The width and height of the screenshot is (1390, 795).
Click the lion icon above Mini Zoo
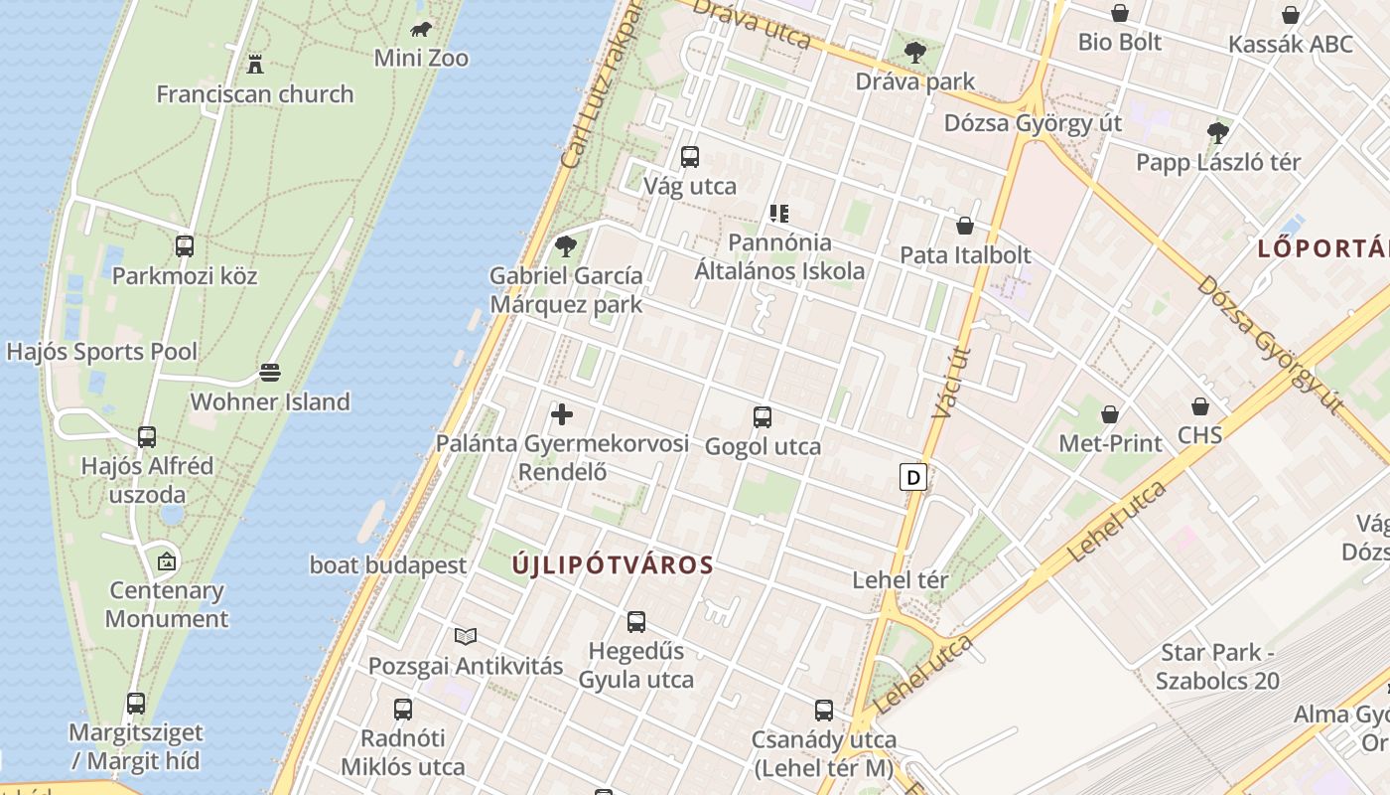421,29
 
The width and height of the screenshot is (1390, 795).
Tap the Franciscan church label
255,94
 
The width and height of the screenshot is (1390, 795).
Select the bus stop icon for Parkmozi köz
185,246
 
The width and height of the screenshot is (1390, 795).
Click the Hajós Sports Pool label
102,352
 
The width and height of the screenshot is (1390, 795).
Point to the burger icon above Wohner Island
270,373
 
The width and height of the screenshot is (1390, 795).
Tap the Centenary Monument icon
167,561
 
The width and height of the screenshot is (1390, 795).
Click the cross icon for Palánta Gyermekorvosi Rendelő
562,414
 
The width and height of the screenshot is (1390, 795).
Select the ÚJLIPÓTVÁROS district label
613,565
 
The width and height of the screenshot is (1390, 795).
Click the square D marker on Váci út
912,477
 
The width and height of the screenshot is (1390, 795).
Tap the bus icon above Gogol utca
763,417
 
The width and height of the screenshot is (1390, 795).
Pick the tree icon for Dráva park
915,53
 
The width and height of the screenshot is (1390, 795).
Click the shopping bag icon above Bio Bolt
1120,13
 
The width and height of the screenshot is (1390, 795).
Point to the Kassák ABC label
1291,45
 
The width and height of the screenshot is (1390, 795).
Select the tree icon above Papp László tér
1218,132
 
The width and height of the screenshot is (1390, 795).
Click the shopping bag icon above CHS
1200,406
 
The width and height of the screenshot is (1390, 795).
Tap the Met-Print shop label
1110,443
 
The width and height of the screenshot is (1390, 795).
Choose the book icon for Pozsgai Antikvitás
466,636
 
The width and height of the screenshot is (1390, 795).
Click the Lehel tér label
901,579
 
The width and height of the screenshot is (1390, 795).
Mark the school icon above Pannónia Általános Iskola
779,213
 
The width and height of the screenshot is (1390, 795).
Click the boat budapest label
388,565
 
